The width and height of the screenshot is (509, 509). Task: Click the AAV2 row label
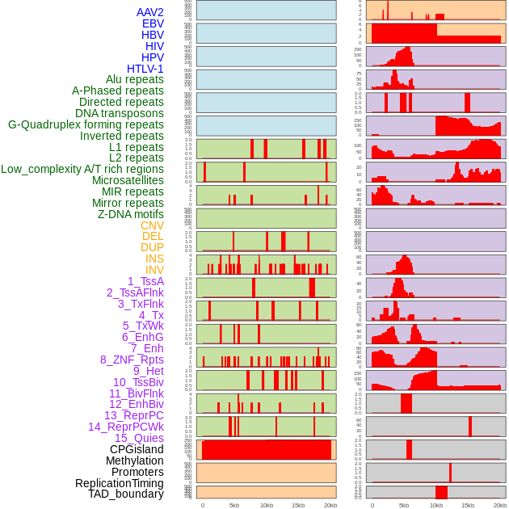(x=150, y=13)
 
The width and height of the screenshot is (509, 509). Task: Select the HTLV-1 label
(x=145, y=69)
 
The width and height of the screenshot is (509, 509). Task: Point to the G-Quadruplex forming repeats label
(x=86, y=125)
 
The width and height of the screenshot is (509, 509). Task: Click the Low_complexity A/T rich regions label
(x=82, y=169)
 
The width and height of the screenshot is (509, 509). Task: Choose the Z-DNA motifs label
(x=131, y=214)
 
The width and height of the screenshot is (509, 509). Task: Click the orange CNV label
(x=152, y=225)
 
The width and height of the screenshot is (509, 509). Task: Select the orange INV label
(x=154, y=270)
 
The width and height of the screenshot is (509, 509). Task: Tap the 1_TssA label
(x=145, y=281)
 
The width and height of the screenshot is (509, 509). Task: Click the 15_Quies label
(x=139, y=438)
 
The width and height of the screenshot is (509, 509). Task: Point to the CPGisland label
(x=137, y=449)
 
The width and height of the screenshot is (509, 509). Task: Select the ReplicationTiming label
(x=119, y=483)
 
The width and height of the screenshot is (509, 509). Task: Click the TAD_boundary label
(x=126, y=494)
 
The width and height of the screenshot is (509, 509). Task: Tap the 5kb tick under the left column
(x=234, y=505)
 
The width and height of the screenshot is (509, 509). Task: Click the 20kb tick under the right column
(x=500, y=505)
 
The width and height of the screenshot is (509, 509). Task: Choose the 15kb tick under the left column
(x=297, y=505)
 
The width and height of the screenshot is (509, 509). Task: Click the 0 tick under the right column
(x=372, y=505)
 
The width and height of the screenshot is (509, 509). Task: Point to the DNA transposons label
(x=120, y=114)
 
